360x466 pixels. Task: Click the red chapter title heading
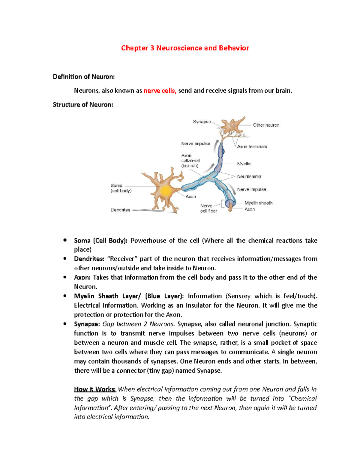[x=185, y=48]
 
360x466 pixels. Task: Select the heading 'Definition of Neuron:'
[x=84, y=77]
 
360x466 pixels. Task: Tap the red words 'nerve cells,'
[x=160, y=91]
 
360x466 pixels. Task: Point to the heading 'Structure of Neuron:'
[x=83, y=105]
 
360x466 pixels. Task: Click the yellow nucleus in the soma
[x=166, y=191]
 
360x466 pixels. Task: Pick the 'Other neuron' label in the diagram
[x=266, y=125]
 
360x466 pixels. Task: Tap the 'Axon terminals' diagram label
[x=252, y=147]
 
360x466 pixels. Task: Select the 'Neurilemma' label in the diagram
[x=249, y=177]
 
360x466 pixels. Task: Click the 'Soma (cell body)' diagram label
[x=121, y=188]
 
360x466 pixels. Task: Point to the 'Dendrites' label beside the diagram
[x=120, y=210]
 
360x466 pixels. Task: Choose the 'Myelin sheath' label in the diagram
[x=258, y=203]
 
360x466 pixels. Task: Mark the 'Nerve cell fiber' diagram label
[x=208, y=209]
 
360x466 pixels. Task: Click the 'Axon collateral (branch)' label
[x=190, y=161]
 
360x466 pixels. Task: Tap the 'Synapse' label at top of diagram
[x=202, y=122]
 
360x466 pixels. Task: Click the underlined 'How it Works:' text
[x=95, y=389]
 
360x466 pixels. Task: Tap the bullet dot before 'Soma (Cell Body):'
[x=64, y=240]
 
